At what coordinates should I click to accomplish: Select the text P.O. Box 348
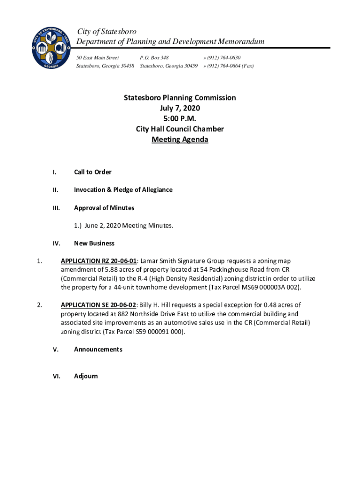pyautogui.click(x=154, y=58)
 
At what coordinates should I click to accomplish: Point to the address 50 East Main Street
pyautogui.click(x=98, y=58)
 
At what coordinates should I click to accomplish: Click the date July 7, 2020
pyautogui.click(x=180, y=108)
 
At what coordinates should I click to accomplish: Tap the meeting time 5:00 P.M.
pyautogui.click(x=180, y=118)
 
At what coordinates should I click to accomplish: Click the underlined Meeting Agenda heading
pyautogui.click(x=180, y=139)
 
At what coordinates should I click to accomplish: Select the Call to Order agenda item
pyautogui.click(x=93, y=172)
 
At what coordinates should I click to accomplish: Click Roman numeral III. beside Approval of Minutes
pyautogui.click(x=55, y=208)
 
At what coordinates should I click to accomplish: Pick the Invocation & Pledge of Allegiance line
pyautogui.click(x=123, y=190)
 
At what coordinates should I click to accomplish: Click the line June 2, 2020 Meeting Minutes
pyautogui.click(x=123, y=225)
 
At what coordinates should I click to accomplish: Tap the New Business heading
pyautogui.click(x=94, y=243)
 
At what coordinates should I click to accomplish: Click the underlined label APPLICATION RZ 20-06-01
pyautogui.click(x=99, y=261)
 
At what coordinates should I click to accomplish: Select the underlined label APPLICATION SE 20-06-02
pyautogui.click(x=99, y=305)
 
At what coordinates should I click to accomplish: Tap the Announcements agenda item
pyautogui.click(x=98, y=349)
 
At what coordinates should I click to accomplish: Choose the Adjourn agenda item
pyautogui.click(x=86, y=376)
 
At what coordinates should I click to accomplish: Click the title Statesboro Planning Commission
pyautogui.click(x=180, y=98)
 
